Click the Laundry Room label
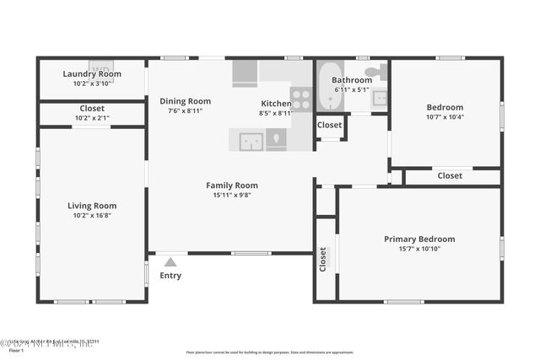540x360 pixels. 92,74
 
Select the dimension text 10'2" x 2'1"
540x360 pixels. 92,118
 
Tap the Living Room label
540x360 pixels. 92,206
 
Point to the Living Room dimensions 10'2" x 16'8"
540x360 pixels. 92,216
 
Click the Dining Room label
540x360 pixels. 185,101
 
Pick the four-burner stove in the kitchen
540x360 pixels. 301,99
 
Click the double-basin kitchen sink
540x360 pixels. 251,141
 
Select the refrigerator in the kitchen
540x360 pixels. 245,73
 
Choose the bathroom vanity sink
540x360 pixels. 380,99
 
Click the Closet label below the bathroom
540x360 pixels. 329,126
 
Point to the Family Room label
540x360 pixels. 232,185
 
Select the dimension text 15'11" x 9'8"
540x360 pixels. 232,196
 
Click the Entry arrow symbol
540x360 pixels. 170,261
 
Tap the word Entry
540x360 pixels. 170,276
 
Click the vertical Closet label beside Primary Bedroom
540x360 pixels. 323,259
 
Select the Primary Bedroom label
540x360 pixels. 419,239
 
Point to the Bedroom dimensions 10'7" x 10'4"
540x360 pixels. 445,117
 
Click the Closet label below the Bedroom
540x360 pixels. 450,176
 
